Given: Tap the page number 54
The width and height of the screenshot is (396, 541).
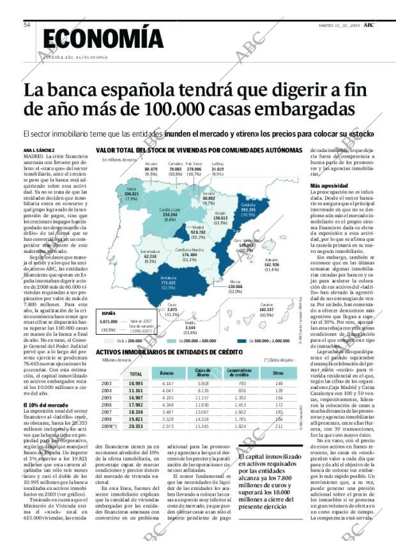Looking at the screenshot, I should click(27, 25).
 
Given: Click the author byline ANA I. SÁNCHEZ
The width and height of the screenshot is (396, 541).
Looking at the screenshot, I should click(40, 150).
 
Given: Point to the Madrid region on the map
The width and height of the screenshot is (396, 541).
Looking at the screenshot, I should click(198, 228).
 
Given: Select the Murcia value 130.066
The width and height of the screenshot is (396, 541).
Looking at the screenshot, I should click(235, 287).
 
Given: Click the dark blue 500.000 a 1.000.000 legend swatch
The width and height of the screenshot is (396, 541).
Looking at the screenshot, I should click(245, 342).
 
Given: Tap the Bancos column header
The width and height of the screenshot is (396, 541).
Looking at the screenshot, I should click(167, 372).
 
